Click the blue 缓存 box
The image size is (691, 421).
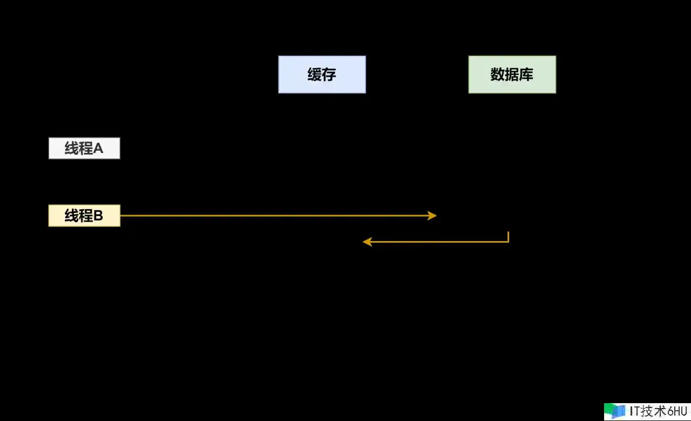pyautogui.click(x=322, y=75)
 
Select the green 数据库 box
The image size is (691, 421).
pyautogui.click(x=512, y=75)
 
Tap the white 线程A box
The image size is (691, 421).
pyautogui.click(x=84, y=148)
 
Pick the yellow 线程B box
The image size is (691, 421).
pyautogui.click(x=84, y=216)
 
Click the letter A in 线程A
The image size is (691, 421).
pyautogui.click(x=98, y=149)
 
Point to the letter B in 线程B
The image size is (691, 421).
pyautogui.click(x=98, y=216)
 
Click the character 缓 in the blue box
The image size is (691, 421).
pyautogui.click(x=314, y=75)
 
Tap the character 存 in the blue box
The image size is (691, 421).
pyautogui.click(x=329, y=75)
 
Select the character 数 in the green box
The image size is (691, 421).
pyautogui.click(x=498, y=75)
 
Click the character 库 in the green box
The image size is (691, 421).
pyautogui.click(x=526, y=75)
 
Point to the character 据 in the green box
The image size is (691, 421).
pyautogui.click(x=512, y=75)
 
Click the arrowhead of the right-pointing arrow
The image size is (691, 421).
pyautogui.click(x=432, y=216)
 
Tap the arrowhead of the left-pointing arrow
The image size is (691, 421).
pyautogui.click(x=367, y=242)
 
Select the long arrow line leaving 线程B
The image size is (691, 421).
pyautogui.click(x=278, y=216)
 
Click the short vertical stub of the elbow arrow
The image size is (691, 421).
pyautogui.click(x=508, y=236)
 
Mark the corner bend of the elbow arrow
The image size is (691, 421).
pyautogui.click(x=508, y=242)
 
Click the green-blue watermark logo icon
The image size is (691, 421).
pyautogui.click(x=614, y=411)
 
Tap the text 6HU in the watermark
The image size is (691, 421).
pyautogui.click(x=677, y=411)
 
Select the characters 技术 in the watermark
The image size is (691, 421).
pyautogui.click(x=653, y=411)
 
